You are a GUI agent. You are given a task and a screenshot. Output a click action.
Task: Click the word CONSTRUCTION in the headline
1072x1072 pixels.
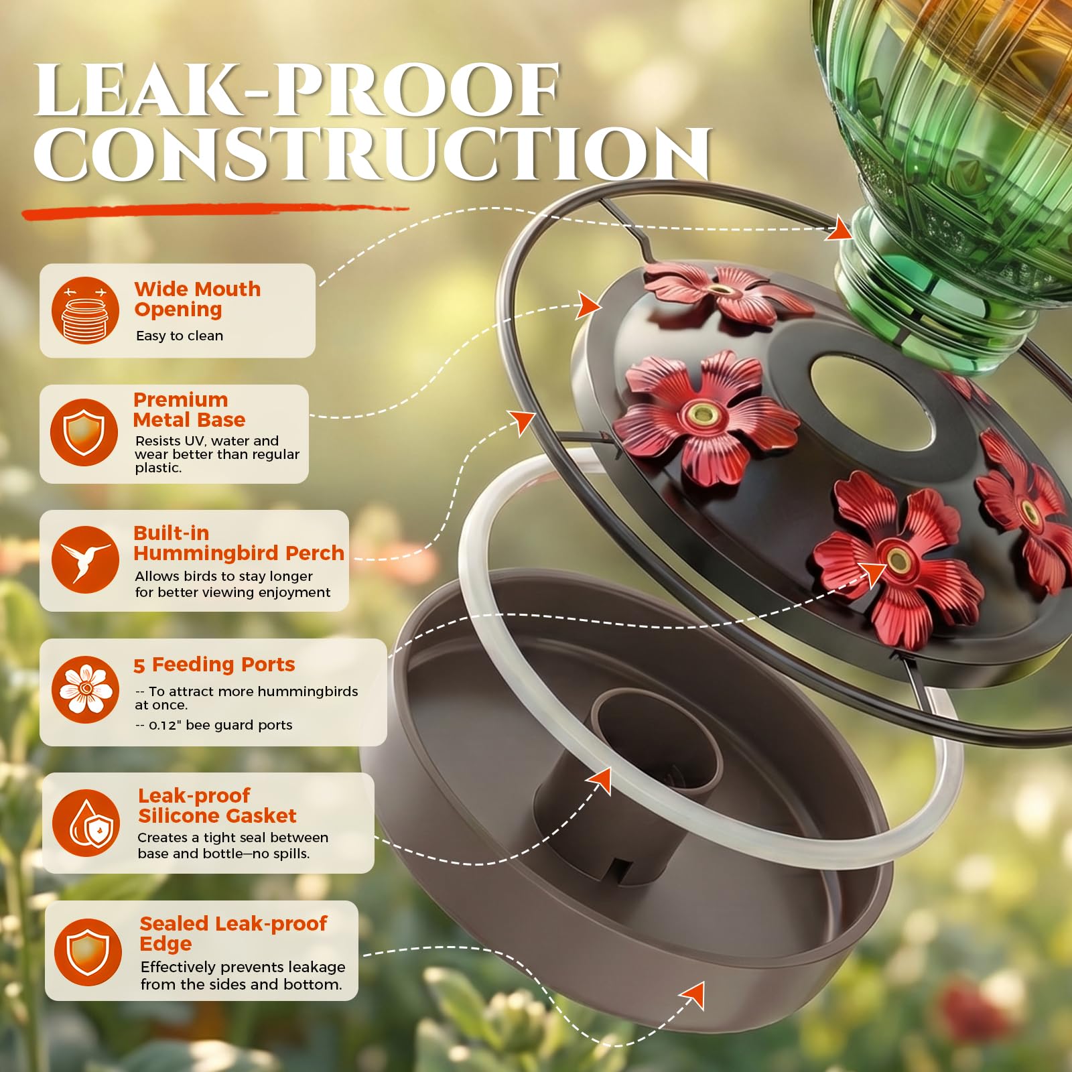373,153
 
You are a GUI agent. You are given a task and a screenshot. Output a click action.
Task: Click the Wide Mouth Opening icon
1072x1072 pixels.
85,310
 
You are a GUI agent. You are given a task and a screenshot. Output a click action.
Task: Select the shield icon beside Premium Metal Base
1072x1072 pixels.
84,432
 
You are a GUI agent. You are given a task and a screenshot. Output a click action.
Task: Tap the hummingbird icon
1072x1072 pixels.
85,559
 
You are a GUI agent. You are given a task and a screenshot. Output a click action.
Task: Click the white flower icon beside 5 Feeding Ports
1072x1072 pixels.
85,689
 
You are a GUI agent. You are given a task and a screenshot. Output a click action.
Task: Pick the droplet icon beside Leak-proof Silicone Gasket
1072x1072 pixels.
86,823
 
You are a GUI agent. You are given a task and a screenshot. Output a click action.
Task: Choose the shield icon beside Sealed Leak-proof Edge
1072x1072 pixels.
88,951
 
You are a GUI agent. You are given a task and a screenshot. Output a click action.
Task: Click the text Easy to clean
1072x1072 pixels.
180,336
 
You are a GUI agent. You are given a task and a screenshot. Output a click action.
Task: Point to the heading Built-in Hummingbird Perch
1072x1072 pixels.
239,543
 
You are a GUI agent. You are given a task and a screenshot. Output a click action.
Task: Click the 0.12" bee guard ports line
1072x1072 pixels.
214,725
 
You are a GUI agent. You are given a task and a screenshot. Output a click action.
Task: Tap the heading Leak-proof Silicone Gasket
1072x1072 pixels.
217,805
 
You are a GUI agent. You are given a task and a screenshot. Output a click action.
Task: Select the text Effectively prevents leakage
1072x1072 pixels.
243,967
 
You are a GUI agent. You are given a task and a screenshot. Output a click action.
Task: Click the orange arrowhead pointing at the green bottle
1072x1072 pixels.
840,228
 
